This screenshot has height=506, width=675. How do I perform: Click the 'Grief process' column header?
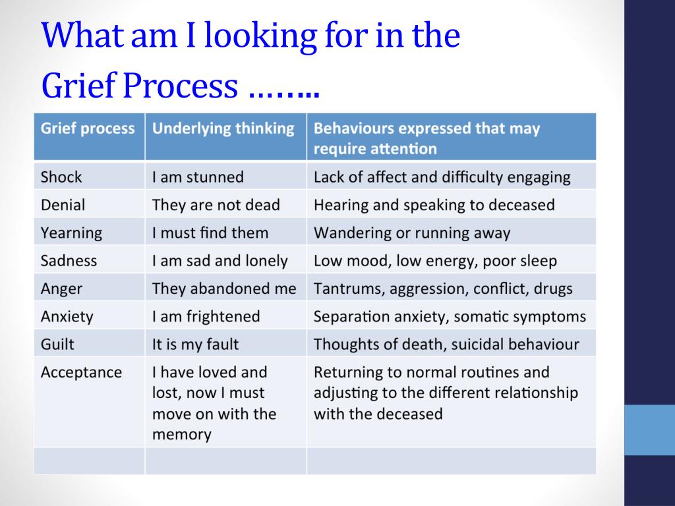tap(88, 128)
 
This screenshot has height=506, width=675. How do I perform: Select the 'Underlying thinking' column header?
tap(223, 128)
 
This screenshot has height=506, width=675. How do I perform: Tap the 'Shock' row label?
tap(61, 177)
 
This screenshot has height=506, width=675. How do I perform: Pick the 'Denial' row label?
tap(63, 205)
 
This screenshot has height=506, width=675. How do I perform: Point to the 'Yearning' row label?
tap(71, 233)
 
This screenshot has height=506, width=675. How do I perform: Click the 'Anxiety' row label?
tap(67, 317)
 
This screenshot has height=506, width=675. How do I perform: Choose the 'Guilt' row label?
tap(57, 344)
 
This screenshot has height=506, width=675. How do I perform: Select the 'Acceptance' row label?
tap(81, 372)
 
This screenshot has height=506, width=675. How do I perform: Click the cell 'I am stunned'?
tap(198, 177)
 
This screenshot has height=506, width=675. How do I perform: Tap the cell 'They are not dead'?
tap(216, 205)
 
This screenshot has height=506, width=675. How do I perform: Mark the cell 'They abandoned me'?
tap(224, 289)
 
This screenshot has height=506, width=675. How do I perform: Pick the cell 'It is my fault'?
tap(195, 345)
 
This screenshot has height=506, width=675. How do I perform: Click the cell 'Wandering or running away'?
tap(412, 233)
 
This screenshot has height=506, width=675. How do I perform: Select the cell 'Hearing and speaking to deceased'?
tap(434, 206)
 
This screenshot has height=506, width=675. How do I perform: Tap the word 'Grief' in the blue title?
tap(79, 85)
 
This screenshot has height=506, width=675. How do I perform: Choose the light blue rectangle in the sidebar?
tap(649, 430)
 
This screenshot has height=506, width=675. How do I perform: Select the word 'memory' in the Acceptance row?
tap(182, 435)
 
